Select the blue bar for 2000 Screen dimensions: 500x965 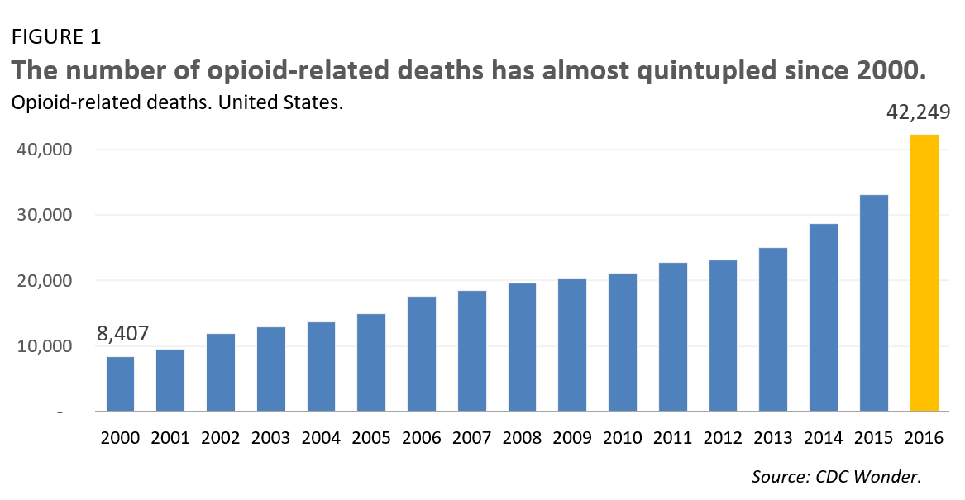120,383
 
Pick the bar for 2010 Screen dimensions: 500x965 623,342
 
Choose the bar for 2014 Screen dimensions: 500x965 824,317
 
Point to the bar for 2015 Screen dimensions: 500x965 874,302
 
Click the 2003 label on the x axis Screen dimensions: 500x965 271,438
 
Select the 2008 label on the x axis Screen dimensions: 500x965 523,438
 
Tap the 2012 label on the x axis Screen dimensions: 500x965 724,438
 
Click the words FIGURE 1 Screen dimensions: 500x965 55,37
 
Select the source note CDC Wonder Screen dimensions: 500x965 836,476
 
